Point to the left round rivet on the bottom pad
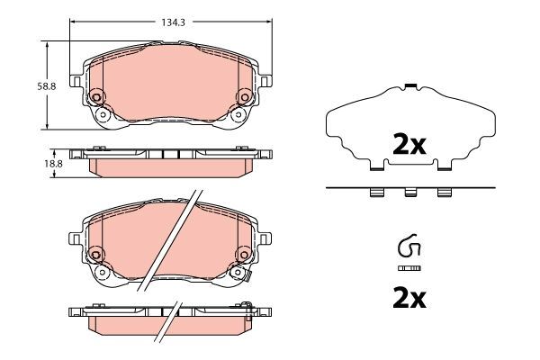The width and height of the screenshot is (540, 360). click(x=96, y=256)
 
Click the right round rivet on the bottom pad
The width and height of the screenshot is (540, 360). click(x=242, y=256)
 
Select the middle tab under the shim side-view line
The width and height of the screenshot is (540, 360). click(x=409, y=192)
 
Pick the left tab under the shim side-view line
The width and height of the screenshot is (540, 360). click(x=376, y=192)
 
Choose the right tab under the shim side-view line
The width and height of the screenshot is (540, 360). click(x=443, y=192)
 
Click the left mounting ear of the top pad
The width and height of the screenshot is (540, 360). click(x=76, y=80)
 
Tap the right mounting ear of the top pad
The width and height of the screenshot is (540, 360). click(x=265, y=80)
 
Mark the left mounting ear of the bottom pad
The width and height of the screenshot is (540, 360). click(x=76, y=238)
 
